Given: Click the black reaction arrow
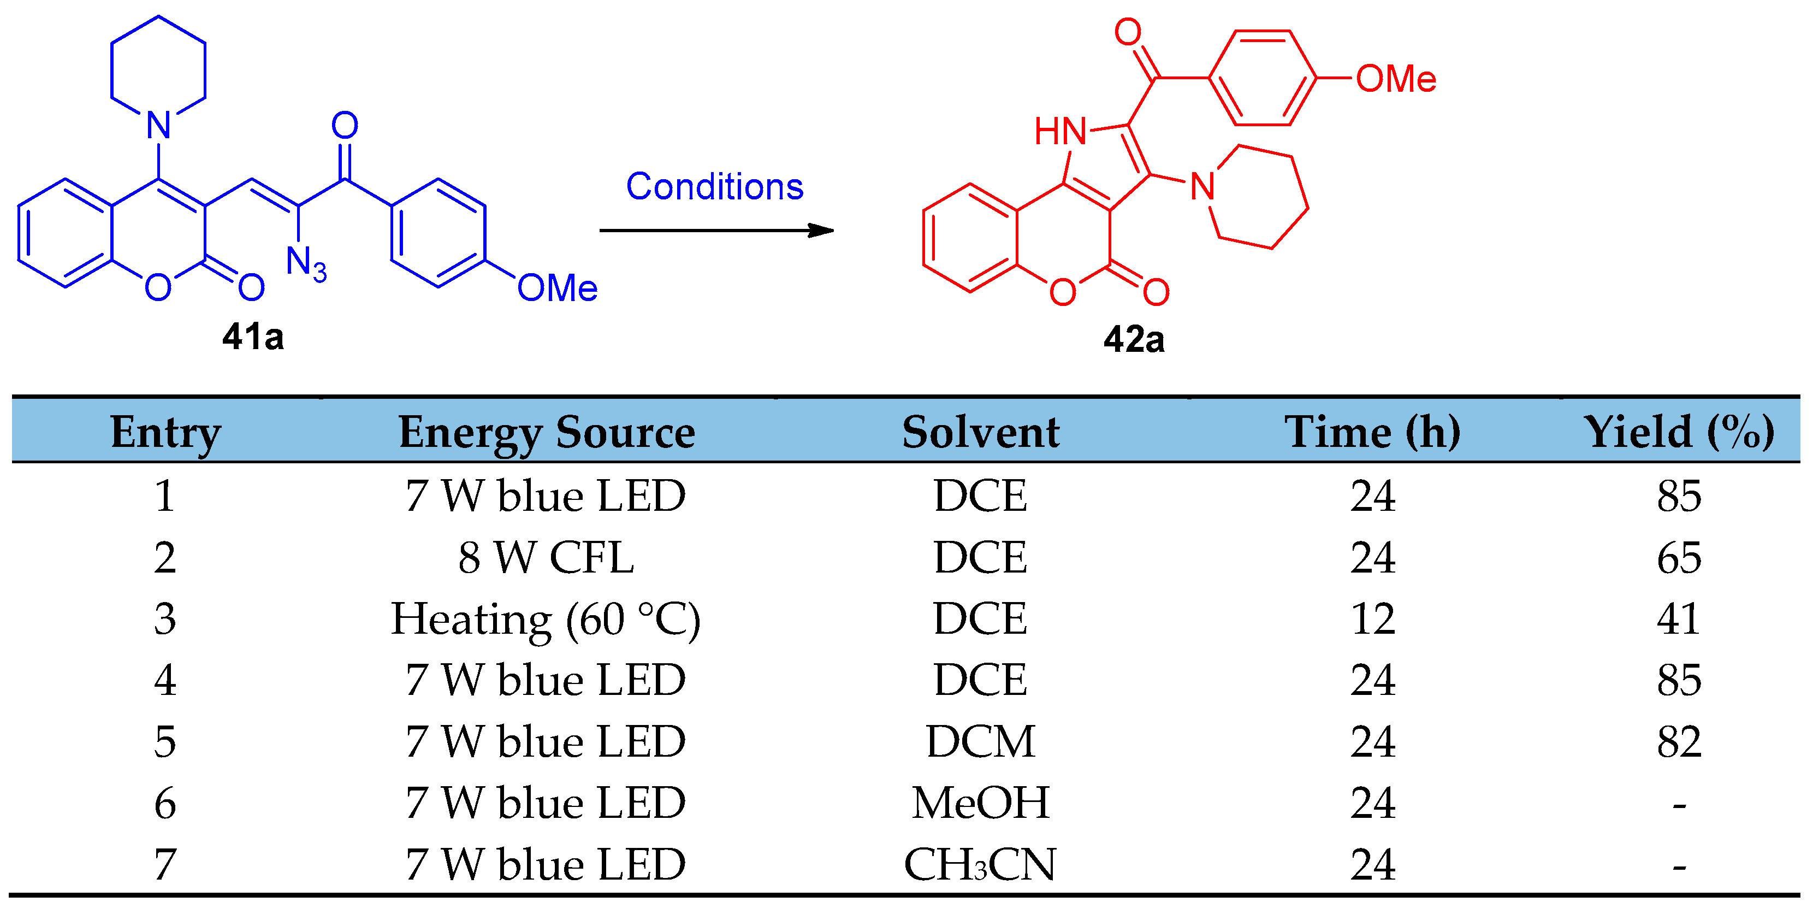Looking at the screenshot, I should tap(716, 230).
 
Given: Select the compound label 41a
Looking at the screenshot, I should tap(253, 337).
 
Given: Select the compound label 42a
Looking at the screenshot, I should tap(1134, 339).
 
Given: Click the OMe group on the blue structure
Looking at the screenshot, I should tap(556, 288).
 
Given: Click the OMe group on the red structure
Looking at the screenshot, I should tap(1396, 78).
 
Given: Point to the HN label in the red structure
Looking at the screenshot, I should tap(1060, 132).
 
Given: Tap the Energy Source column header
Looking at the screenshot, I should tap(546, 432).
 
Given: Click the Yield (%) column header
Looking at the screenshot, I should tap(1678, 432).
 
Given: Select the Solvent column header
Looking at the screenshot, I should tap(980, 432).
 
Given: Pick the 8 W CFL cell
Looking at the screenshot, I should tap(546, 557).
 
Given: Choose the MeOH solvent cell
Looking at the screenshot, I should tap(980, 803).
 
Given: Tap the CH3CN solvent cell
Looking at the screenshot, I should tap(980, 864).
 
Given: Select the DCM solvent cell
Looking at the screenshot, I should tap(980, 741).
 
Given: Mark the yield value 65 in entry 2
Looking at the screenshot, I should tap(1678, 557).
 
